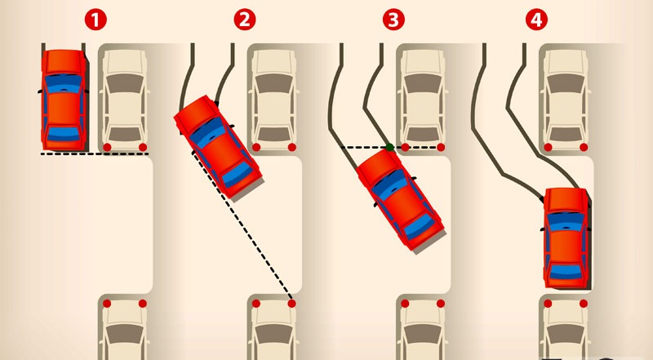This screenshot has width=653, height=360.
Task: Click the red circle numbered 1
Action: click(96, 20)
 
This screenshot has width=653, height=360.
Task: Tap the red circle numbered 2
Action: click(244, 20)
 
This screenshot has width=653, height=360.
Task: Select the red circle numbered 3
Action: click(393, 20)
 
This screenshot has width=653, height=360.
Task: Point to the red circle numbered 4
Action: click(536, 20)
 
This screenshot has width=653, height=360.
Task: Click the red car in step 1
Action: click(64, 100)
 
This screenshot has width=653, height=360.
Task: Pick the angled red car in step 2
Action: click(217, 146)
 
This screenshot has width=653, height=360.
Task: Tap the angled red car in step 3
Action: click(401, 199)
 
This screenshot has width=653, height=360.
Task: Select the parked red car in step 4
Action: click(566, 238)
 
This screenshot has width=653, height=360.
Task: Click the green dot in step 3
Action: click(390, 147)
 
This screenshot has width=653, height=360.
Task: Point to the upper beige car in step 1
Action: click(125, 99)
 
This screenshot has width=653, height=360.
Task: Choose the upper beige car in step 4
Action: click(566, 99)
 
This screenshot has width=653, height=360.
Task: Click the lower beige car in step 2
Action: click(273, 329)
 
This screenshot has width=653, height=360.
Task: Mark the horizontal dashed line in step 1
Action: click(95, 153)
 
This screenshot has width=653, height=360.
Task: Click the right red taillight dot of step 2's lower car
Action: click(291, 304)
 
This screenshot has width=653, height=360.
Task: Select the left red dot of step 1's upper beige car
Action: click(107, 147)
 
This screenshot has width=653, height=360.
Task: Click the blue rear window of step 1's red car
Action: click(64, 133)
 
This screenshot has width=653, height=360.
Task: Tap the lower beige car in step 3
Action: click(423, 329)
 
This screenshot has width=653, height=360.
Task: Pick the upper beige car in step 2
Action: click(274, 99)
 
